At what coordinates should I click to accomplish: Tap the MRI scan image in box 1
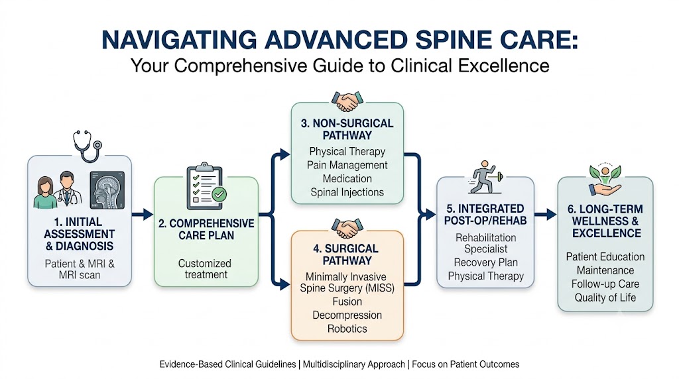tap(107, 190)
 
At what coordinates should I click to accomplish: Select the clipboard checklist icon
tap(206, 186)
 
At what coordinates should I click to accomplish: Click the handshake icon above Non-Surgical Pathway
tap(347, 101)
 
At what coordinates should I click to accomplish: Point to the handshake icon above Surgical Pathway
tap(347, 229)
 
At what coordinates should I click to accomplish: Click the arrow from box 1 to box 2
tap(143, 214)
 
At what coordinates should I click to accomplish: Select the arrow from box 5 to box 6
tap(546, 214)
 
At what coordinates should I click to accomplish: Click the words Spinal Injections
tap(347, 193)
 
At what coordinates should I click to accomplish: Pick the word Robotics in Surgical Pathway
tap(347, 329)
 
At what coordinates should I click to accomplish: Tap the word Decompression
tap(347, 315)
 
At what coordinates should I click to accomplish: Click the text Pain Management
tap(347, 165)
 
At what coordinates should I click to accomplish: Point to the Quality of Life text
tap(605, 298)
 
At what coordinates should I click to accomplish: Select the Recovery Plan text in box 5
tap(485, 262)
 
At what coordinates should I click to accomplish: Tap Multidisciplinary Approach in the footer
tap(354, 364)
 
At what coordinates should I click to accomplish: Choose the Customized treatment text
tap(205, 268)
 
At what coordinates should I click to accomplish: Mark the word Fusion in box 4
tap(347, 301)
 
